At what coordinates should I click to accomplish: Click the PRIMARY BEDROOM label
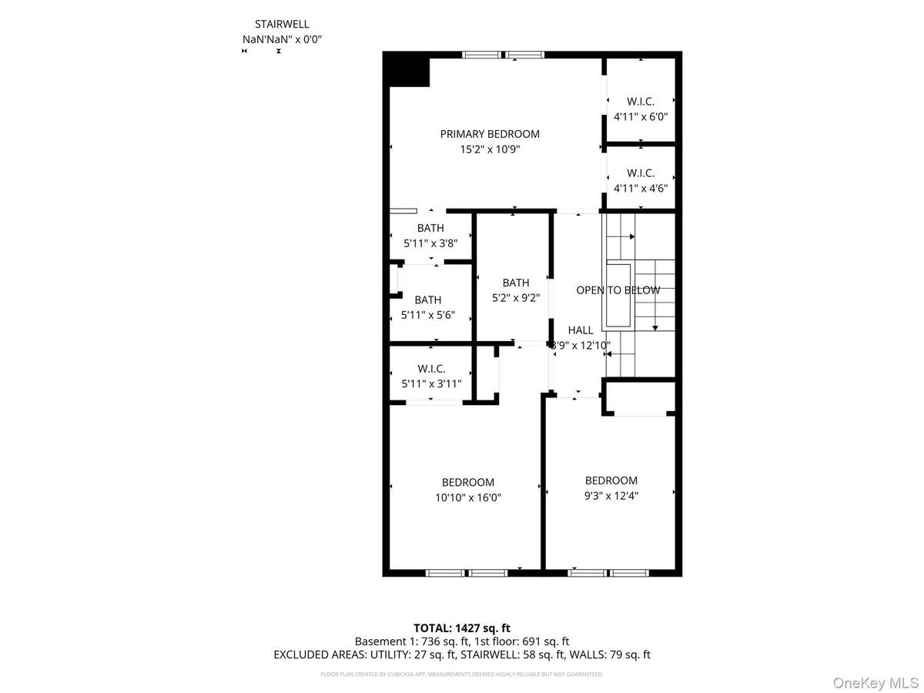(x=490, y=134)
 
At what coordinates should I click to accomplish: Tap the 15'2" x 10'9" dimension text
(x=490, y=150)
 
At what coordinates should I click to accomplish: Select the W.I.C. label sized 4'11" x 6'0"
(x=640, y=102)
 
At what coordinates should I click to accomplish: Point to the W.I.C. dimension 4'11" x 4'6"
(x=640, y=188)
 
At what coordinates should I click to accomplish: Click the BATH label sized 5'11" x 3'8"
(x=430, y=228)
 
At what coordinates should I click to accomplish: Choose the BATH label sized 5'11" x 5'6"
(x=428, y=300)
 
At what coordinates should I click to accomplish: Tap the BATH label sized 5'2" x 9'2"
(x=516, y=283)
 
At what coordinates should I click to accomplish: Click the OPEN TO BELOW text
(x=618, y=290)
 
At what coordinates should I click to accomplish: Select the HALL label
(x=581, y=330)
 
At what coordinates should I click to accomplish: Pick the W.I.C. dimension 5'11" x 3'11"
(x=431, y=384)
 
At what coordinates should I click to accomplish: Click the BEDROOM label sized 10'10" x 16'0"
(x=468, y=482)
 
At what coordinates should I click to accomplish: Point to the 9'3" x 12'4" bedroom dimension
(x=611, y=496)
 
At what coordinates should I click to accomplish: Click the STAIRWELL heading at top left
(x=282, y=25)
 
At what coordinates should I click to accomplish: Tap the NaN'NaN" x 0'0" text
(x=282, y=39)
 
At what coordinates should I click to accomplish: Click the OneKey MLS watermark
(x=883, y=682)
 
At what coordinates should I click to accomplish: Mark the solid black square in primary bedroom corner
(x=408, y=71)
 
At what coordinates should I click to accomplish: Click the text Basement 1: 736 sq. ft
(x=407, y=641)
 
